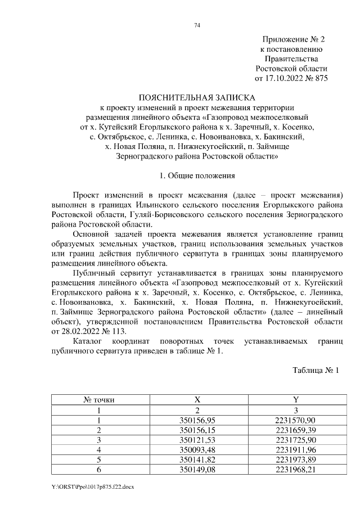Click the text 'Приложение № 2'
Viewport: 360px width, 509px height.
tap(294, 39)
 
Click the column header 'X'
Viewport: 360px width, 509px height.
tap(197, 400)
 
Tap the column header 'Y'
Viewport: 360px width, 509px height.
tap(295, 400)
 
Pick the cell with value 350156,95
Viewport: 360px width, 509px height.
tap(197, 420)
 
